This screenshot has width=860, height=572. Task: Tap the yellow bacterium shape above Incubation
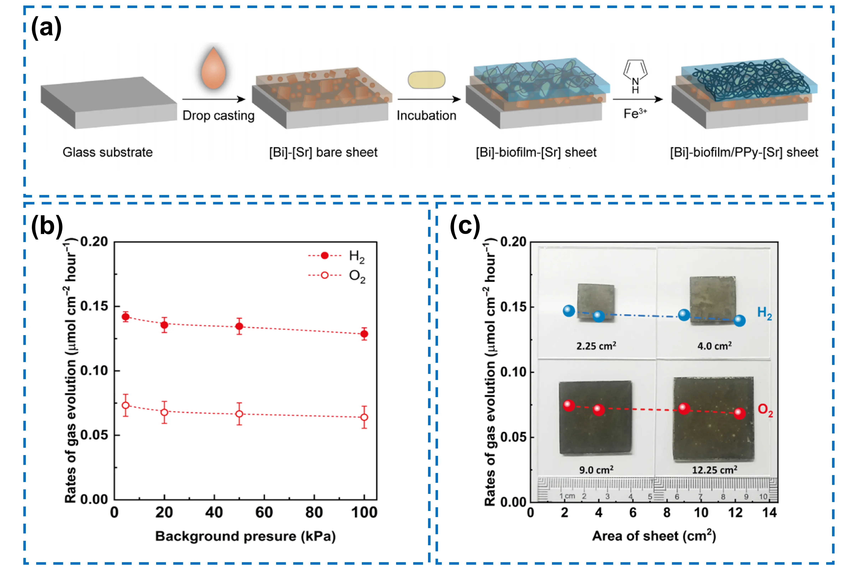pos(426,80)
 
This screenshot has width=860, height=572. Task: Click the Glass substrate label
pos(108,152)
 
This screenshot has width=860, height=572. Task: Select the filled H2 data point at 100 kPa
pos(364,334)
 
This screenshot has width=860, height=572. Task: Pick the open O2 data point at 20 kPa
pos(165,412)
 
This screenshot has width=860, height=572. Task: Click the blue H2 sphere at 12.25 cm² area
pos(739,321)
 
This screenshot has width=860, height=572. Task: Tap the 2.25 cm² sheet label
pos(596,345)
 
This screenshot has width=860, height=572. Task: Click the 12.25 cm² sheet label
pos(715,470)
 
